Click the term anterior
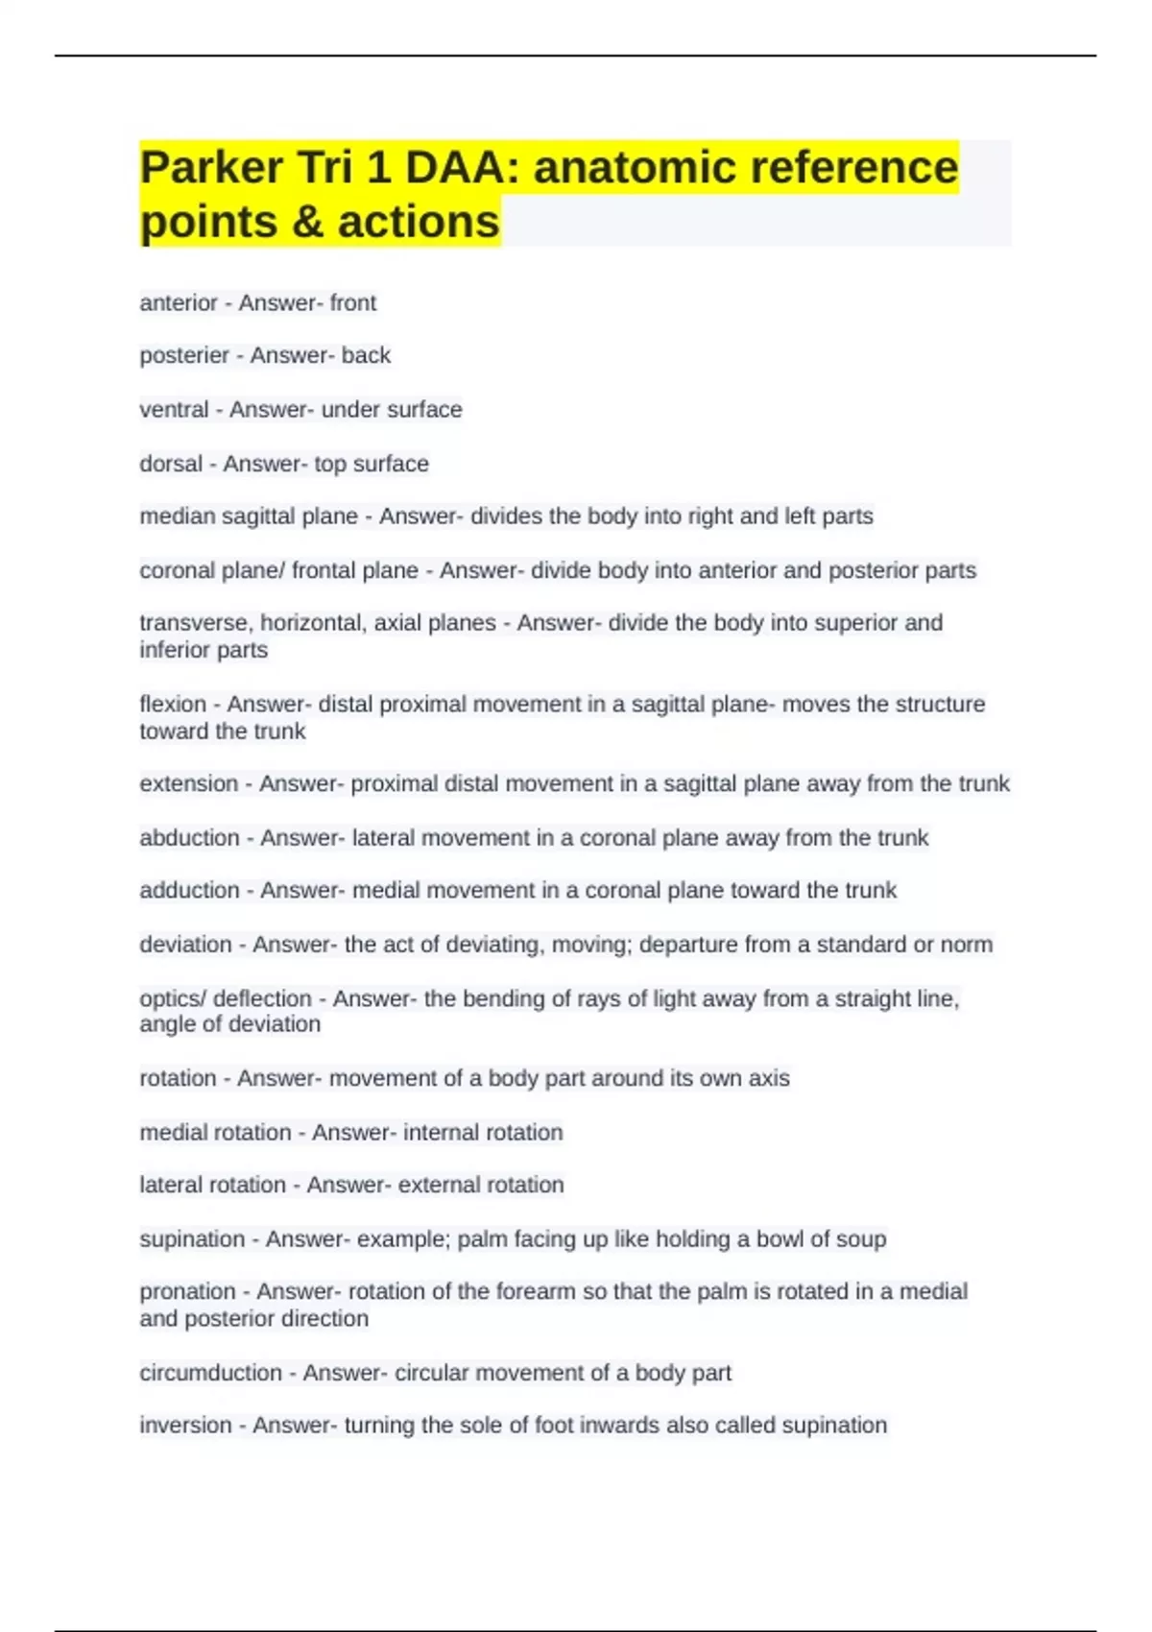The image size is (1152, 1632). tap(179, 303)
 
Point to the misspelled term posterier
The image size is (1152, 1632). tap(184, 356)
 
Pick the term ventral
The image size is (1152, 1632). tap(174, 410)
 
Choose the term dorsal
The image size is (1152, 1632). tap(171, 464)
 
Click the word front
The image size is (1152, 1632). tap(353, 303)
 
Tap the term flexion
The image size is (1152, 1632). tap(173, 704)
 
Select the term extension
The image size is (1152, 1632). tap(188, 783)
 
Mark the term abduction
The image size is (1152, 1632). tap(189, 838)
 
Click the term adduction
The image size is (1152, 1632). tap(189, 891)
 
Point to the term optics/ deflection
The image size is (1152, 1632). tap(226, 998)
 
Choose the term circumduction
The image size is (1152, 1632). tap(210, 1373)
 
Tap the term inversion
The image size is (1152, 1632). tap(185, 1426)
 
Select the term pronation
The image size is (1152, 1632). tap(187, 1292)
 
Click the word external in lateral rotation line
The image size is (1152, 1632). tap(435, 1185)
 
